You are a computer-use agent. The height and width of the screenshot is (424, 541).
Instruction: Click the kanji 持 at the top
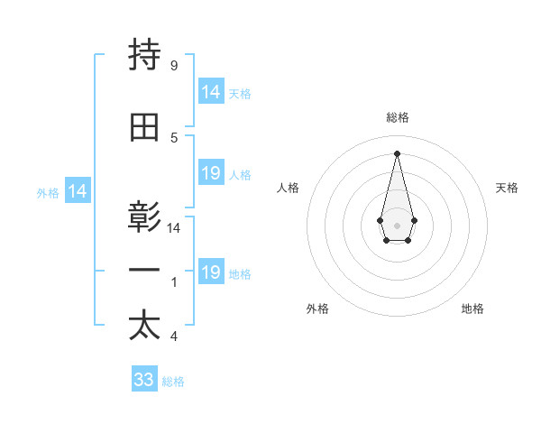coord(144,56)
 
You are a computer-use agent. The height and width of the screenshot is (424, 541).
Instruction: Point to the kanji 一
coord(144,271)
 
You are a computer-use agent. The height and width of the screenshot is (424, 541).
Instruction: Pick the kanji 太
coord(144,326)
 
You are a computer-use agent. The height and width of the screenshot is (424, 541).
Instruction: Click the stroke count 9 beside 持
coord(174,65)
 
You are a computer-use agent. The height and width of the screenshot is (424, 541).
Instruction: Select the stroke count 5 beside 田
coord(174,137)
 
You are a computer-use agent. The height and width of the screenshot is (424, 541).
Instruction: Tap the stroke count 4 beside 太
coord(174,336)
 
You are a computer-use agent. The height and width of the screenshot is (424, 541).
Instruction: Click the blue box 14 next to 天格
coord(211,92)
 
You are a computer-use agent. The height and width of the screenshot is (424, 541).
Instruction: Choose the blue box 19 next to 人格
coord(211,173)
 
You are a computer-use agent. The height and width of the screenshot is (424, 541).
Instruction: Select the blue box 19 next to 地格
coord(211,272)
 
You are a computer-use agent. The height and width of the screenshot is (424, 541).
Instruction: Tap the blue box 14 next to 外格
coord(78,191)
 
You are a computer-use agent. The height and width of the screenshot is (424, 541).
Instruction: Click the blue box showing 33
coord(144,380)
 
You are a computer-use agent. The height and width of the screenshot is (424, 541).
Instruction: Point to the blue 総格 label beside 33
coord(174,382)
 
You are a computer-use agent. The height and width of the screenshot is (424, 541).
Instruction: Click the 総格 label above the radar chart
coord(397,117)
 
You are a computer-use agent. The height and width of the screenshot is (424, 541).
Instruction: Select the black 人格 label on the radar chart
coord(289,188)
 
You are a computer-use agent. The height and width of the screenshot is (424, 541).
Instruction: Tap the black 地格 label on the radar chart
coord(472,309)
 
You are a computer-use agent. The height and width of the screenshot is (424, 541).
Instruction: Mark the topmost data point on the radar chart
coord(397,152)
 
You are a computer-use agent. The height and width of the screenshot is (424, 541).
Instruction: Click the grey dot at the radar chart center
coord(397,224)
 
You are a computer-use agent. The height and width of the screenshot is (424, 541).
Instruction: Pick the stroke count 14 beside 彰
coord(174,228)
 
